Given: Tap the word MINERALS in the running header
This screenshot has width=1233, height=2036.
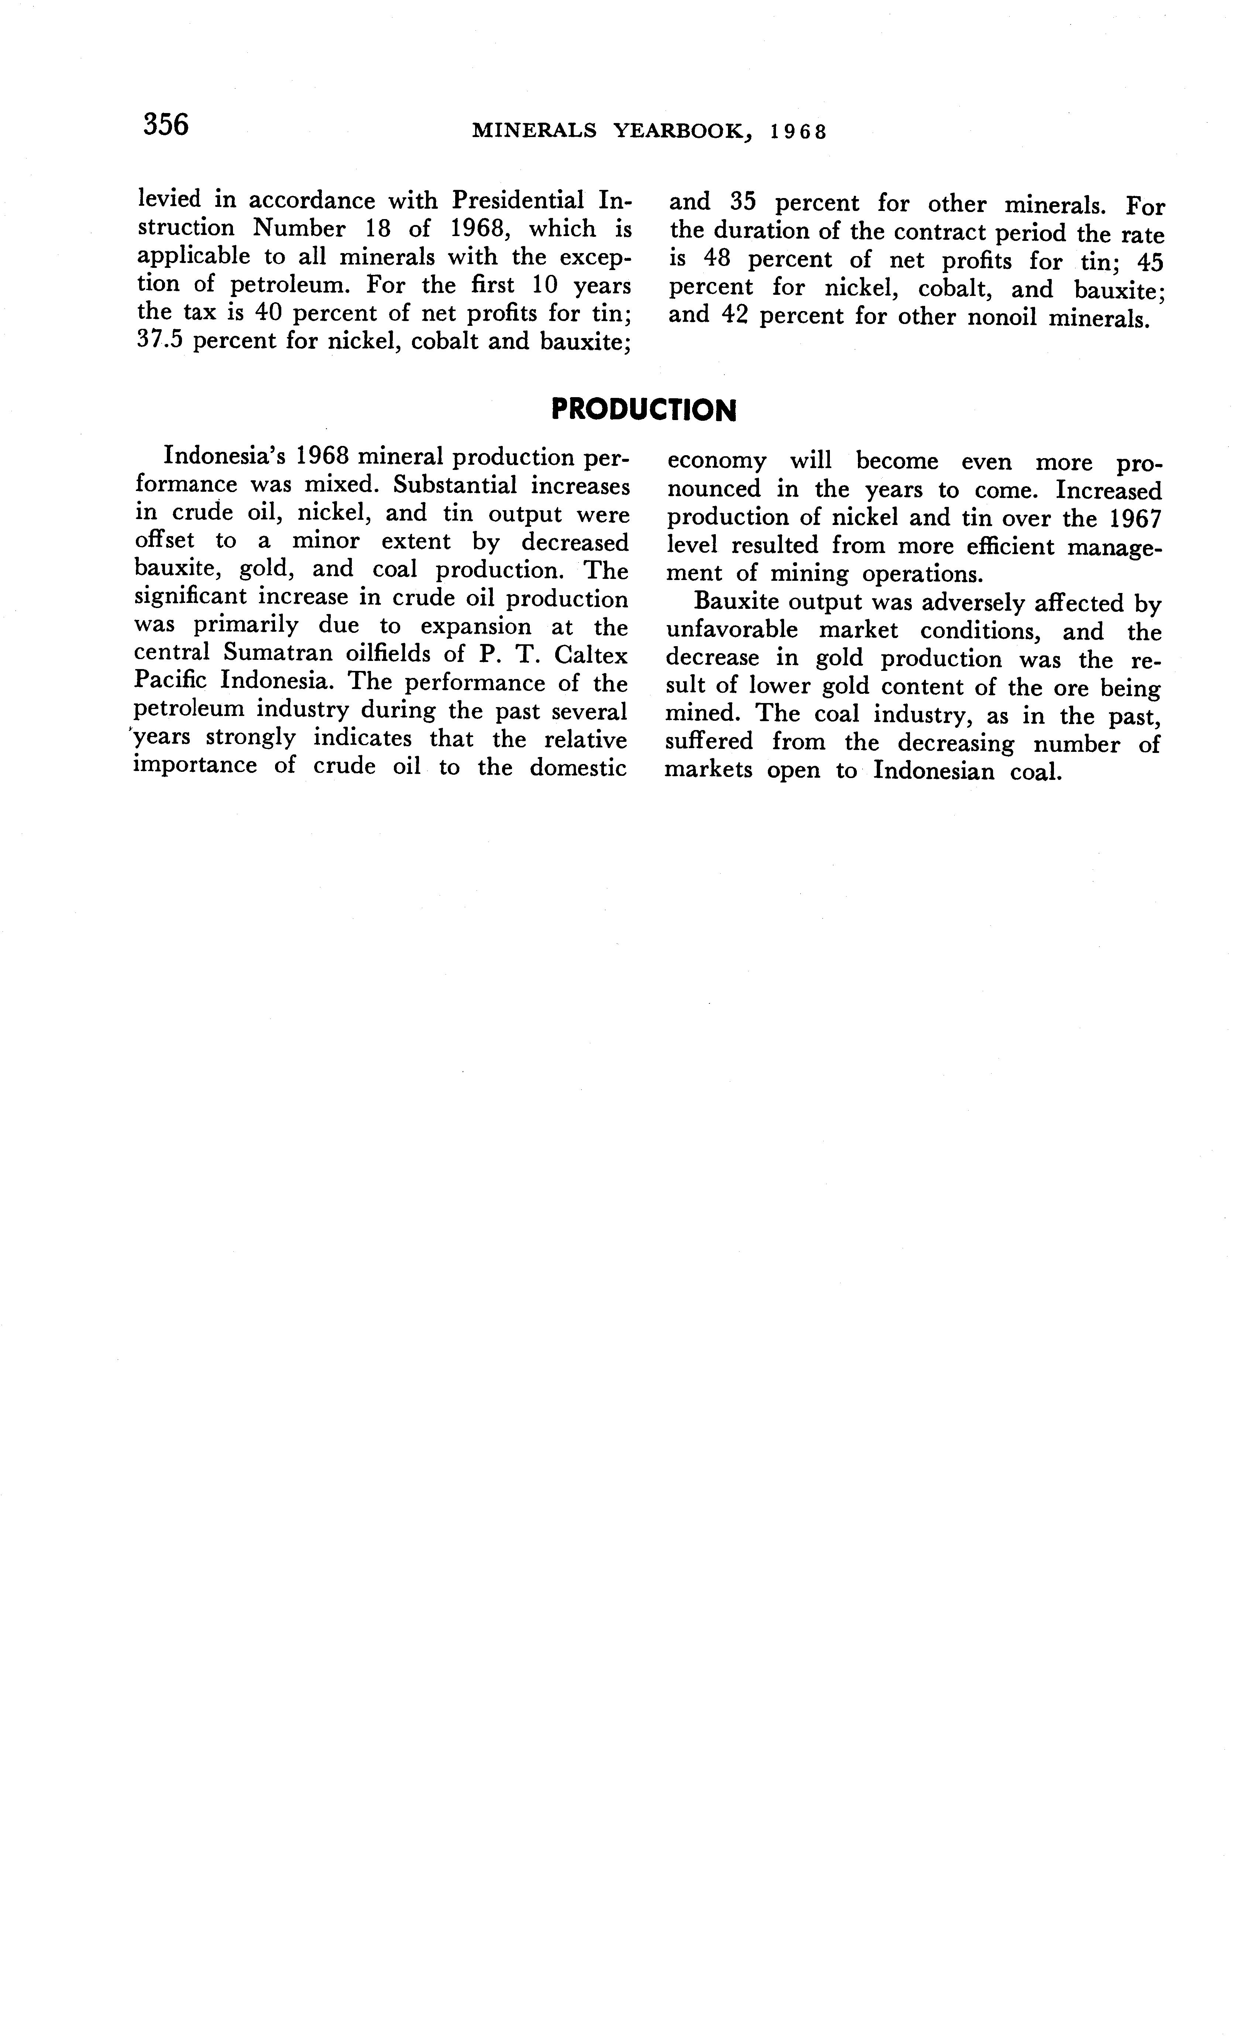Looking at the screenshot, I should click(x=533, y=132).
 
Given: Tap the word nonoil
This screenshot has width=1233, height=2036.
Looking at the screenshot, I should click(x=1001, y=317).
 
